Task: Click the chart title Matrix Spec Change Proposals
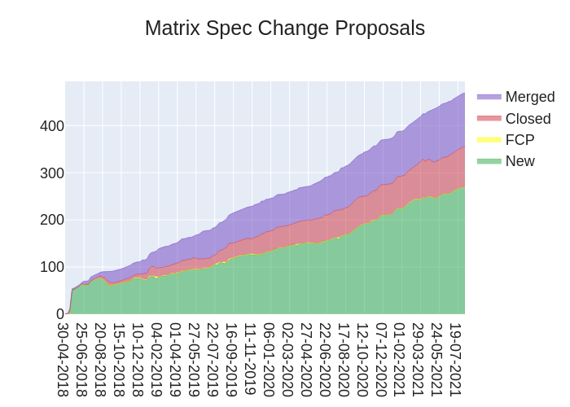(285, 28)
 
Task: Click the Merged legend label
(530, 97)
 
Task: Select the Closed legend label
(528, 119)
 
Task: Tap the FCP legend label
(520, 140)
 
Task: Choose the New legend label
(520, 161)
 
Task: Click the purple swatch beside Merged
(489, 97)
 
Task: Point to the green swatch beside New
(489, 161)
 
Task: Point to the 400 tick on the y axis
(52, 126)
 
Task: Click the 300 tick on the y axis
(52, 173)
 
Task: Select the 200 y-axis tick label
(52, 220)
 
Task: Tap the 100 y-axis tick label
(52, 267)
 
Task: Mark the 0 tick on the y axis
(59, 314)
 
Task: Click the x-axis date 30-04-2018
(63, 359)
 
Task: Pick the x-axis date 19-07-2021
(456, 359)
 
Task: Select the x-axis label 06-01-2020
(269, 359)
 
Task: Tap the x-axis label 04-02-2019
(156, 359)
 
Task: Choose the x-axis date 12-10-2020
(362, 359)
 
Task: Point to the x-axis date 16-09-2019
(231, 359)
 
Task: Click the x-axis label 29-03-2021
(419, 359)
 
